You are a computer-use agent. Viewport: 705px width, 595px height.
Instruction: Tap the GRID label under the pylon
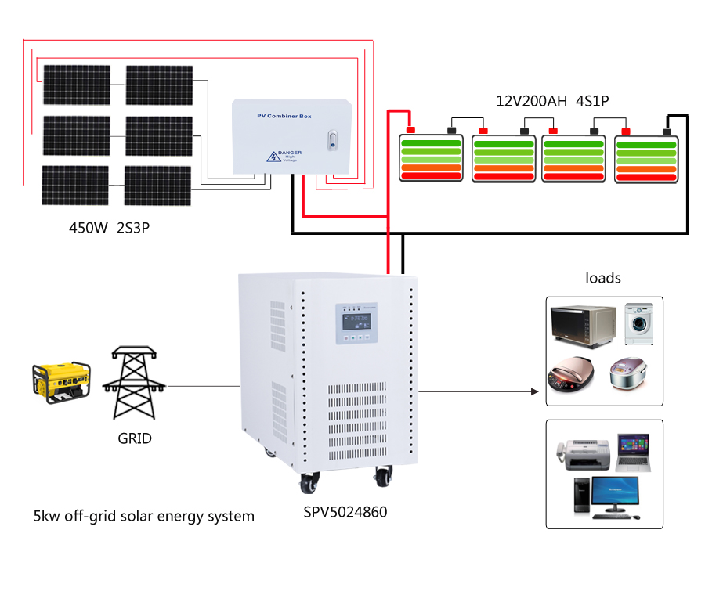click(x=134, y=438)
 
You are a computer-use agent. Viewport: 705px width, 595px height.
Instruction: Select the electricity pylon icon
click(x=134, y=384)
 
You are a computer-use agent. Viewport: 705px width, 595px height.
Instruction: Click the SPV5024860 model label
click(x=345, y=513)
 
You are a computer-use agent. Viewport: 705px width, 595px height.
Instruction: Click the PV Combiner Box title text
click(x=284, y=117)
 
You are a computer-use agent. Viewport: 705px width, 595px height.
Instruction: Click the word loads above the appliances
click(x=603, y=278)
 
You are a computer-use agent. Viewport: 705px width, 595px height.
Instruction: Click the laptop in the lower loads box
click(x=632, y=453)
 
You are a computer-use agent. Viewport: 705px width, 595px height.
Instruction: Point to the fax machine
click(x=584, y=452)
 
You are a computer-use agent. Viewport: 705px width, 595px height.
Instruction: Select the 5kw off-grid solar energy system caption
click(x=143, y=516)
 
